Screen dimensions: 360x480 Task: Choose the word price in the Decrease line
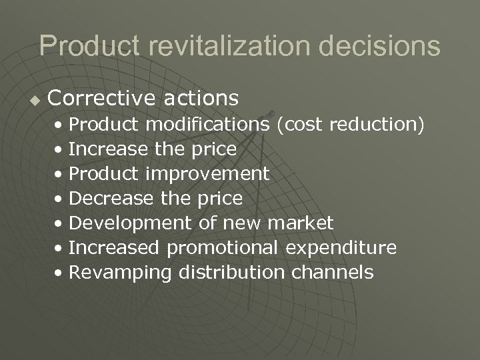(x=219, y=199)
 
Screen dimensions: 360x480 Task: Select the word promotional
(x=224, y=248)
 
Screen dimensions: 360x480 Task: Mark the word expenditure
(x=342, y=248)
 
